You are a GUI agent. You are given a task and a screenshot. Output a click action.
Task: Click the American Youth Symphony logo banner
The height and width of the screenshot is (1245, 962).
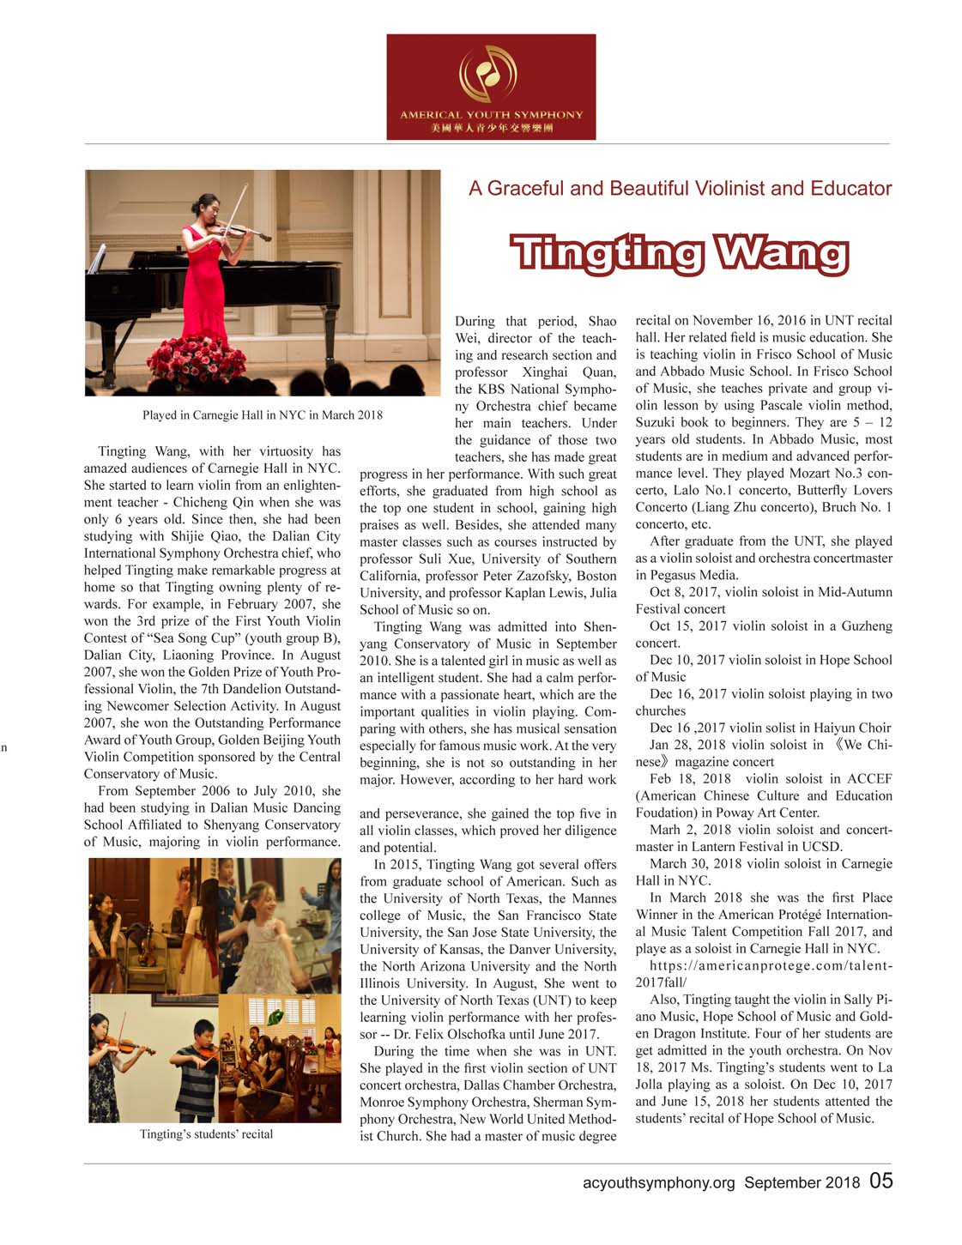pos(491,87)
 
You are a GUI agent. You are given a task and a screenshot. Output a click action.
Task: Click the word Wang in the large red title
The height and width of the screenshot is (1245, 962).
pos(782,254)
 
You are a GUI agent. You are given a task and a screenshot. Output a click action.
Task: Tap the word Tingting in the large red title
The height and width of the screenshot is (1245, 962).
pos(608,254)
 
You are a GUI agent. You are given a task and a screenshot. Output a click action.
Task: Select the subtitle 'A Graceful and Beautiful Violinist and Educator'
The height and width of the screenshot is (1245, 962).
pos(680,189)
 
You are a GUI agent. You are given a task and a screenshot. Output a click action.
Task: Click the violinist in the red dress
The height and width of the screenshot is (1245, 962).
pos(200,275)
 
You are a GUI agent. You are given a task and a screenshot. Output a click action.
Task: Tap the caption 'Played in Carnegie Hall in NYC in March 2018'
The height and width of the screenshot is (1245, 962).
pos(262,415)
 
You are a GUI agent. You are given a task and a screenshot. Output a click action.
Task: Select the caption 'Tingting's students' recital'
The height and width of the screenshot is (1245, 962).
pos(206,1134)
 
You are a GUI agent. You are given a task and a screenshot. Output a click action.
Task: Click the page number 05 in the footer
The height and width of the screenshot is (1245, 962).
pos(880,1181)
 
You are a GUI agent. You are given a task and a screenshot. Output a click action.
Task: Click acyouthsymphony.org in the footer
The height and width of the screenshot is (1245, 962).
pos(658,1182)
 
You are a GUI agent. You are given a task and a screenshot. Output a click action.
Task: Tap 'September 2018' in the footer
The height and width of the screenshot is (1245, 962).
pos(802,1182)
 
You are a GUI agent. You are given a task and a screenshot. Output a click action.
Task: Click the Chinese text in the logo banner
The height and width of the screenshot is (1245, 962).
pos(491,128)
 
